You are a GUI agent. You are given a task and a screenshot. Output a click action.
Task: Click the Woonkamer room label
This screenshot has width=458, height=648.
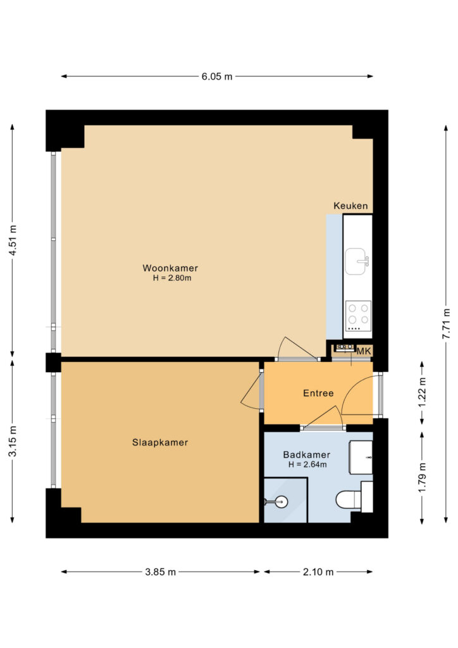click(170, 268)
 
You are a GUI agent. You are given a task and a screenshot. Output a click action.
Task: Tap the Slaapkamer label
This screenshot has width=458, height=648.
click(160, 442)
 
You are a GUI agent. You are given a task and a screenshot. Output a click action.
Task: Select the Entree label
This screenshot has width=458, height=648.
click(318, 393)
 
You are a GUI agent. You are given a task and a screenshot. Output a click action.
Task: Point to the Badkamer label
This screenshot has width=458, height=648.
click(306, 454)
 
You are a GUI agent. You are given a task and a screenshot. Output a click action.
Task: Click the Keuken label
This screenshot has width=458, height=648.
click(350, 206)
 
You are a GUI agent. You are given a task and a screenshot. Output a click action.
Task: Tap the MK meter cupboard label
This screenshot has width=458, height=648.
click(364, 351)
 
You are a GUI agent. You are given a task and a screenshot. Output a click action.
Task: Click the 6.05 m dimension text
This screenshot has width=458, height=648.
click(217, 77)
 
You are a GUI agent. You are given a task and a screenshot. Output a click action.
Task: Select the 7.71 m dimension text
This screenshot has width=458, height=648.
click(447, 324)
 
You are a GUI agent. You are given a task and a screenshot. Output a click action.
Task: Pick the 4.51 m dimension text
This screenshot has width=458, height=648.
click(13, 240)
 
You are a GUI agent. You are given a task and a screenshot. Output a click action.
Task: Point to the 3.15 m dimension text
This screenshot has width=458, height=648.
click(13, 441)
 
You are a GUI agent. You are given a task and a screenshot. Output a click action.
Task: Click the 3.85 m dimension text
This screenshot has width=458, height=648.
click(160, 572)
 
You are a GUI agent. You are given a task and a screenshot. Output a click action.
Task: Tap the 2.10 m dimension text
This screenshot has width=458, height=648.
click(318, 572)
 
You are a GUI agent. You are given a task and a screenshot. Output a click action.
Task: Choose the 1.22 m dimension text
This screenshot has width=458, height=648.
click(422, 392)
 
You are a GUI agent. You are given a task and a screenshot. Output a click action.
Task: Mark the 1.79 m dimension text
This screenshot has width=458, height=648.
click(422, 477)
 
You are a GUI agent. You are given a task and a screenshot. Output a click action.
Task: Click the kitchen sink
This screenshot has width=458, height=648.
click(356, 261)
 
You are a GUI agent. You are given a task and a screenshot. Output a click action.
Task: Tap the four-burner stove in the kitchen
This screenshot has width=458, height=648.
click(358, 316)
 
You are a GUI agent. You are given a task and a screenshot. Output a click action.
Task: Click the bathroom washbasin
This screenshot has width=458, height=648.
click(361, 458)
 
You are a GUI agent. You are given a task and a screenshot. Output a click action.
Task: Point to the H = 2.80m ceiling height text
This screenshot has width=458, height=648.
click(172, 278)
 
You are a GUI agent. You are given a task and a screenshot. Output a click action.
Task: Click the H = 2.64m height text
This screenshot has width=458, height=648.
click(307, 464)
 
